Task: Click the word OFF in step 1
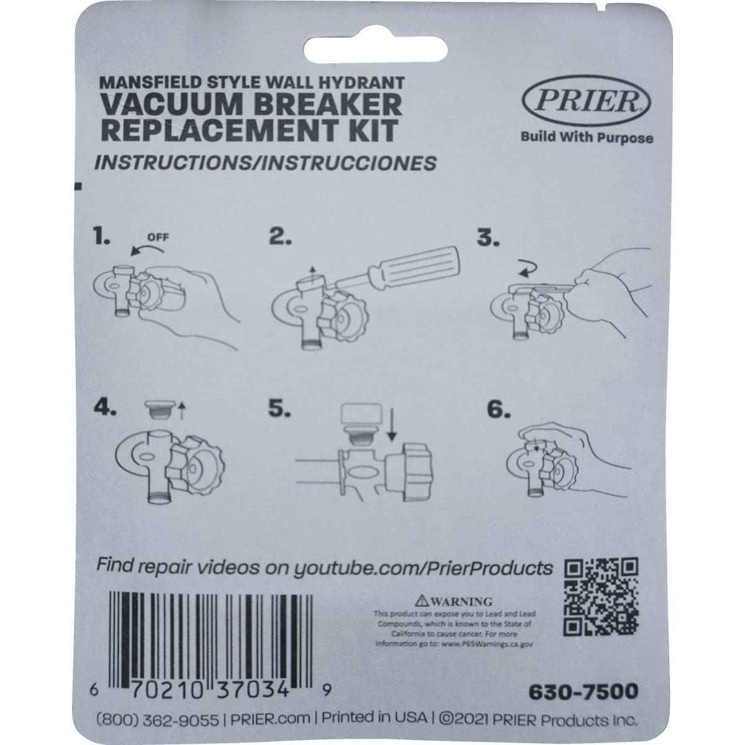158,237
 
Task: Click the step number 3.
487,239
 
